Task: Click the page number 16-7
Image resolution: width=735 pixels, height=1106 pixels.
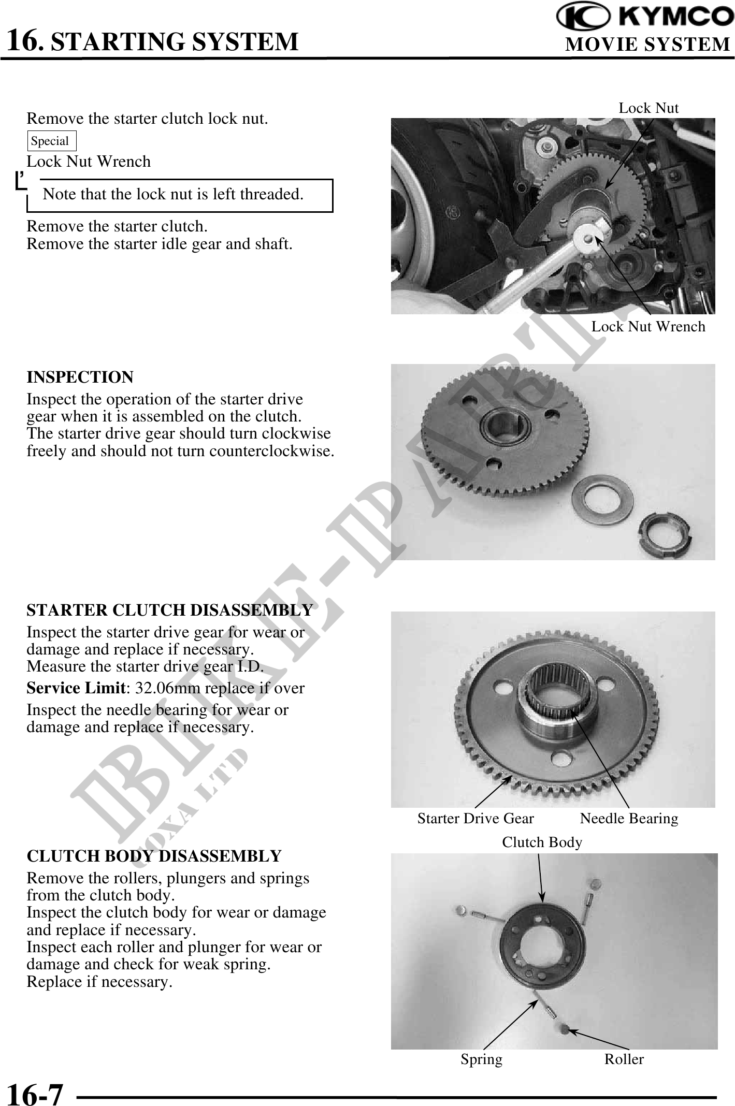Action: click(x=35, y=1094)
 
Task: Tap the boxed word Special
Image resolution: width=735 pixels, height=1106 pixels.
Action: click(x=50, y=141)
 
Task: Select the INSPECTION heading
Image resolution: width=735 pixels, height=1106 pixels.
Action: click(x=80, y=377)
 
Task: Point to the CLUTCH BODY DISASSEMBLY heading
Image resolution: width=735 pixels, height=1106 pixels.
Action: click(x=154, y=856)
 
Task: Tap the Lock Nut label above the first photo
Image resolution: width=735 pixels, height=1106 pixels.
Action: click(x=648, y=108)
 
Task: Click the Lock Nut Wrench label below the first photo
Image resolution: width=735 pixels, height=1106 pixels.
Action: click(x=648, y=326)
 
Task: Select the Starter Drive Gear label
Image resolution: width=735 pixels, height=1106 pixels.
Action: click(x=475, y=818)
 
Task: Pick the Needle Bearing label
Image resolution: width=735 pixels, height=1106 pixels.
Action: click(x=629, y=818)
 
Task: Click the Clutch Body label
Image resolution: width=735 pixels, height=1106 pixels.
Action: click(x=542, y=842)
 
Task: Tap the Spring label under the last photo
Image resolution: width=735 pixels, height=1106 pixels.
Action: click(x=482, y=1059)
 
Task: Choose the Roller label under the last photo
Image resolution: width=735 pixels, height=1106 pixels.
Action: click(x=624, y=1059)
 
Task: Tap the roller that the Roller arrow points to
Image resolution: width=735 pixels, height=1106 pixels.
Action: click(x=565, y=1028)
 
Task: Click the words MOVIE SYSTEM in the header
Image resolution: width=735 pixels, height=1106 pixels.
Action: click(x=647, y=45)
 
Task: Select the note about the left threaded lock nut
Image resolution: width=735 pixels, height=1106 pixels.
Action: click(x=173, y=194)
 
